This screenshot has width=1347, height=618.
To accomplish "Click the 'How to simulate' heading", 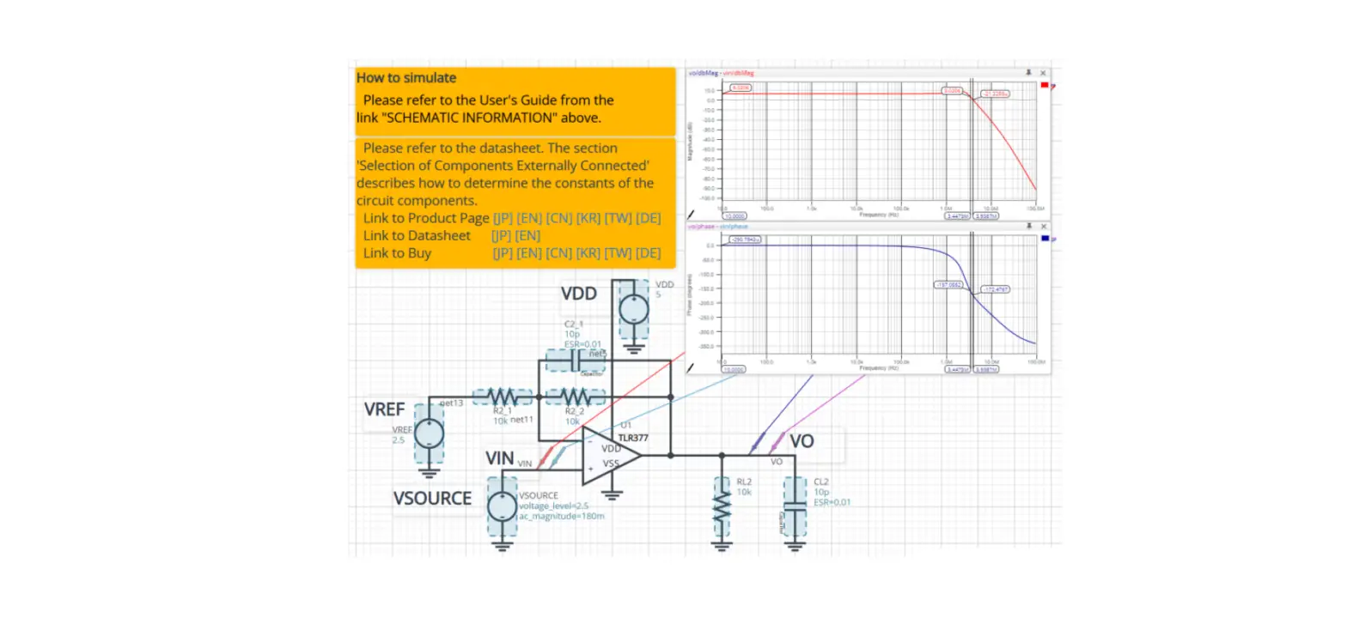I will point(406,78).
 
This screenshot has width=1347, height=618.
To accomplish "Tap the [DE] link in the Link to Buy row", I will point(648,253).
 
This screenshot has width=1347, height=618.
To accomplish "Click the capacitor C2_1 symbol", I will point(574,362).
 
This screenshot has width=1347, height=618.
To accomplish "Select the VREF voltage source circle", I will point(430,433).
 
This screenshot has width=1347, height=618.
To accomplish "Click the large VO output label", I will point(801,441).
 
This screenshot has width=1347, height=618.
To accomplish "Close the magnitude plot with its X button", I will point(1043,74).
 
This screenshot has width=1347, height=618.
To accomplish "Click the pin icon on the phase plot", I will point(1029,227).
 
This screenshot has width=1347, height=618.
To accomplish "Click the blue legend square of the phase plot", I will point(1044,239).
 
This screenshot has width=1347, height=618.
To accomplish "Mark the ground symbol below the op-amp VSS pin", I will point(612,494).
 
